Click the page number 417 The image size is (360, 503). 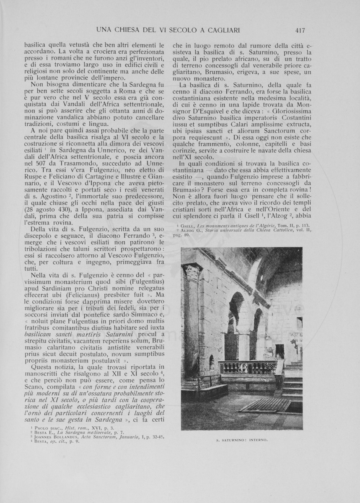pos(300,30)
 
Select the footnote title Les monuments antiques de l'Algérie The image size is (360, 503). pos(237,226)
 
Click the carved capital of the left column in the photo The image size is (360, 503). pos(193,273)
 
